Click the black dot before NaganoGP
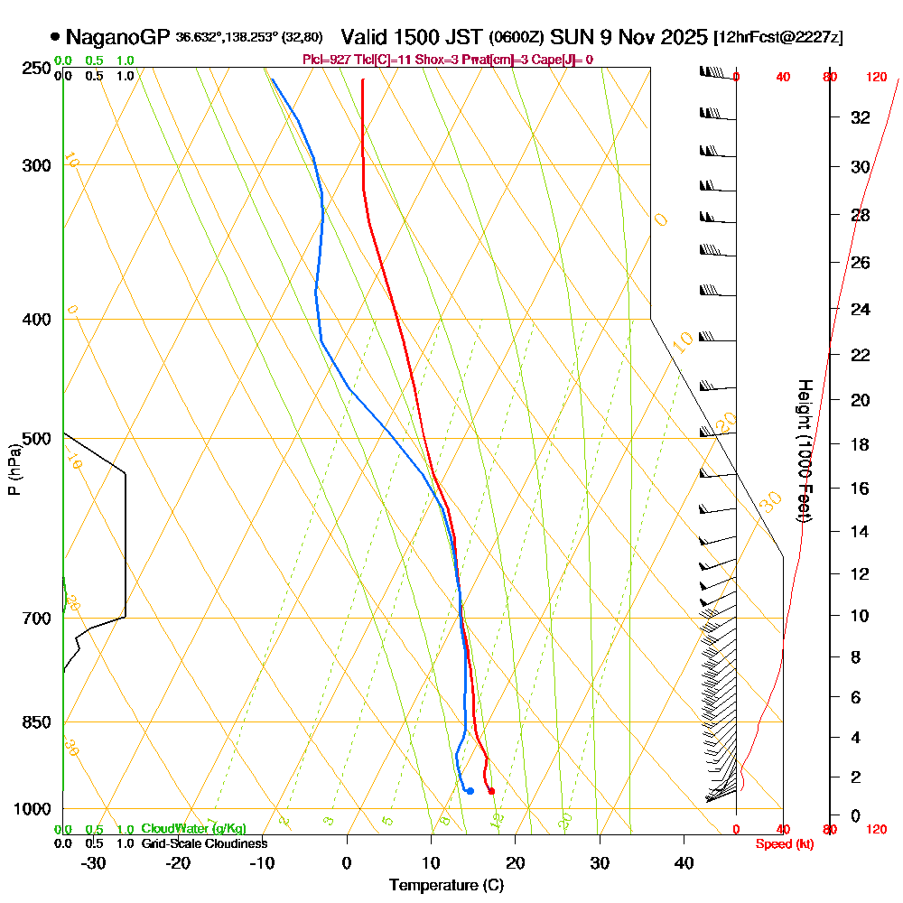(56, 37)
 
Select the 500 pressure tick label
(35, 438)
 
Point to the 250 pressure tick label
(35, 68)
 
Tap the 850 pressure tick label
(35, 721)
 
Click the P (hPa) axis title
(14, 470)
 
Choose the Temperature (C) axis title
(446, 885)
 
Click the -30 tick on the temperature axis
(93, 862)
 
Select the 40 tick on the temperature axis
(684, 862)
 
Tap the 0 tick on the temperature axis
(347, 862)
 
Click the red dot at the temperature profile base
(491, 791)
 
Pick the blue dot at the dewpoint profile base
(470, 791)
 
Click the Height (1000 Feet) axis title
(803, 451)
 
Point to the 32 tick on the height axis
(861, 117)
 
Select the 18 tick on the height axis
(861, 444)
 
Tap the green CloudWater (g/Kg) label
(193, 829)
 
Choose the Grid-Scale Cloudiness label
(204, 843)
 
